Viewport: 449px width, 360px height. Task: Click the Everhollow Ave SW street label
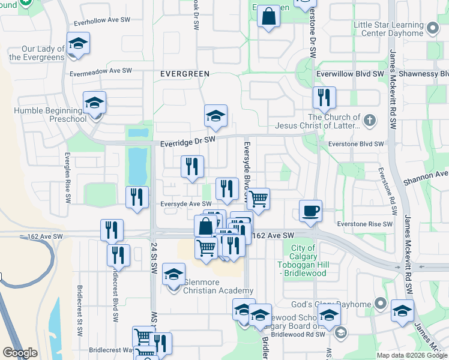pos(102,20)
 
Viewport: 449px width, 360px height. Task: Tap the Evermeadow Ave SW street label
pos(100,71)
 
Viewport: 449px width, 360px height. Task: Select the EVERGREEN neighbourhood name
pos(185,74)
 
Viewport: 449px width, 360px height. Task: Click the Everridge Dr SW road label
pos(188,140)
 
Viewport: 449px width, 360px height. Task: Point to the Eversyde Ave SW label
pos(185,204)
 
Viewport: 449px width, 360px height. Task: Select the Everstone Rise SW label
pos(360,224)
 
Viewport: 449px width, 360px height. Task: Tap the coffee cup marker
pos(310,211)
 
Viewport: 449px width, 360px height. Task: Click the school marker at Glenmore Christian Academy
pos(174,275)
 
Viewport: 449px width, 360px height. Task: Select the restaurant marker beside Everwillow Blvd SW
pos(324,97)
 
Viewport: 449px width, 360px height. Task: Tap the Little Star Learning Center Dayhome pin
pos(432,28)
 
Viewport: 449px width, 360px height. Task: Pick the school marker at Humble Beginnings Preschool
pos(95,104)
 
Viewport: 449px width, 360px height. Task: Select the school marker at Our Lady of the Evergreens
pos(78,44)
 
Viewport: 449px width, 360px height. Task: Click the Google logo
pos(20,353)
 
